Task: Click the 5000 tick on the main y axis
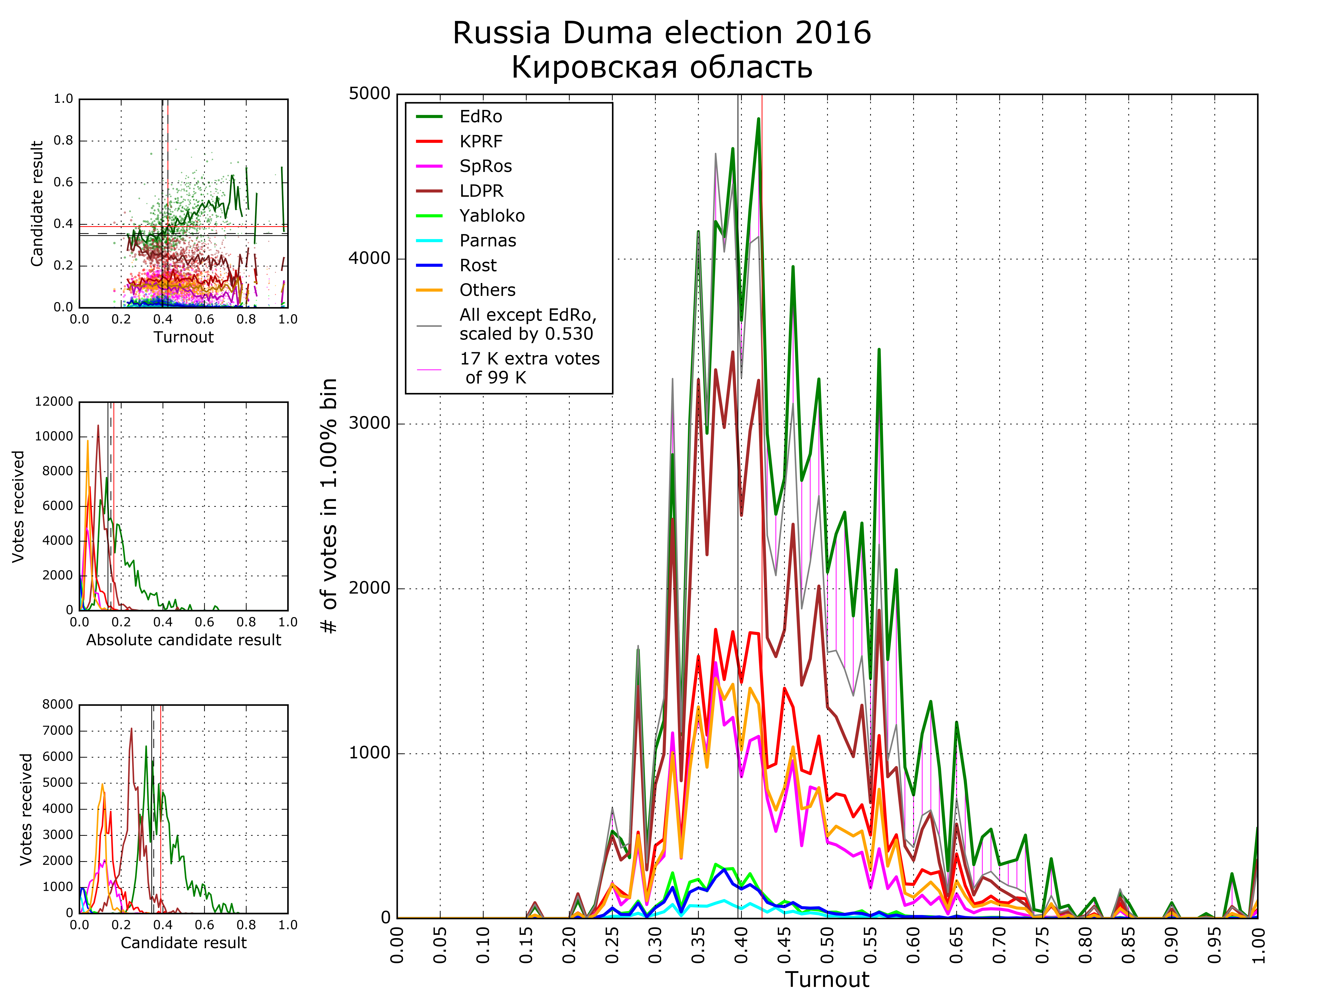(369, 94)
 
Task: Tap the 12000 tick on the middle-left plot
(54, 402)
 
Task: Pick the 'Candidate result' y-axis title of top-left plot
(37, 204)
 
